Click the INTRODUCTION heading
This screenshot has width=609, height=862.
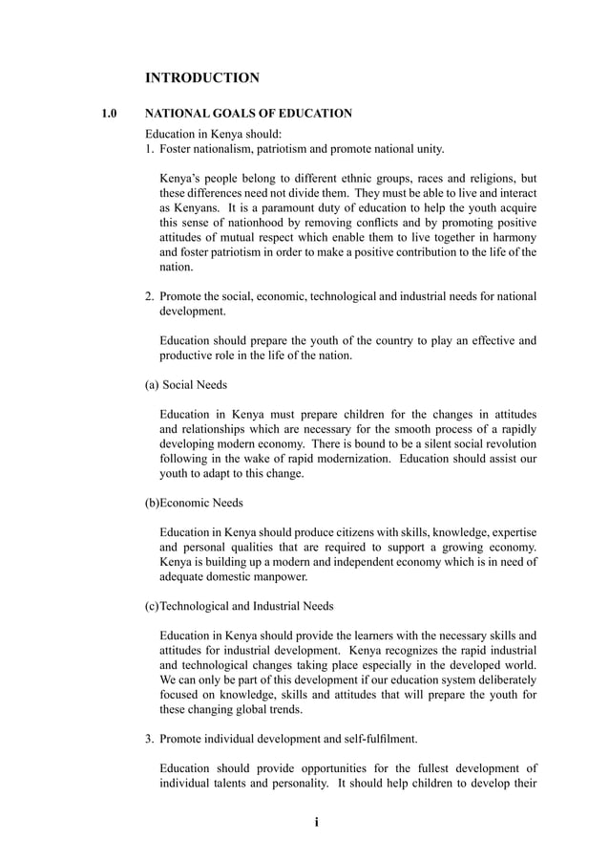coord(201,77)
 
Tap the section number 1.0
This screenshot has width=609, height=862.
coord(110,114)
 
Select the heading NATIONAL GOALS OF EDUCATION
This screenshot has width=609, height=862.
coord(248,114)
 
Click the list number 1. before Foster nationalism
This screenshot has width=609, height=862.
coord(150,149)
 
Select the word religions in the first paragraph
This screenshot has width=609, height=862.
coord(481,179)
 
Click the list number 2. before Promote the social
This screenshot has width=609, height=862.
coord(150,296)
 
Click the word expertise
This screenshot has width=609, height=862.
coord(511,531)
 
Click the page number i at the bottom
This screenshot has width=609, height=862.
coord(316,822)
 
